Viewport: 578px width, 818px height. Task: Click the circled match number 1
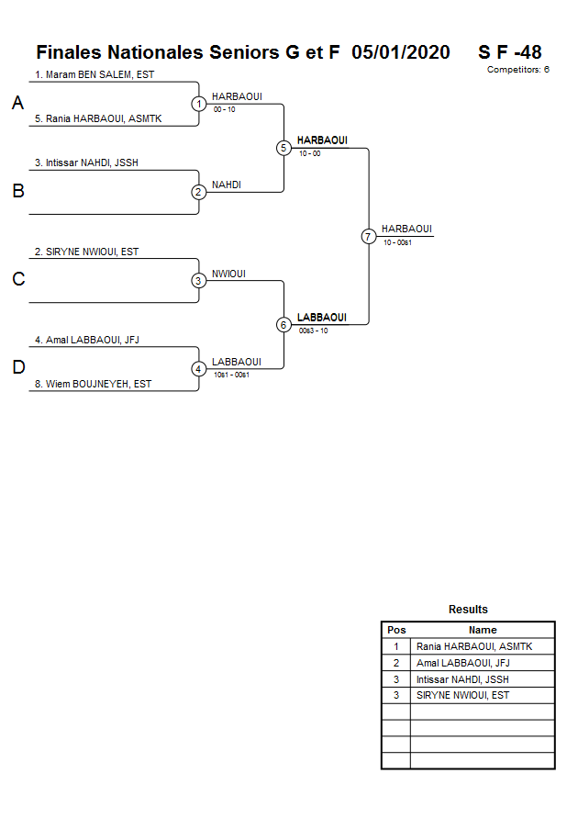199,104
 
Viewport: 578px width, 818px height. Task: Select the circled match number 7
368,236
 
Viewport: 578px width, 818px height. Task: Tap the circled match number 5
283,148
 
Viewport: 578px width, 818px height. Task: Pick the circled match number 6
283,324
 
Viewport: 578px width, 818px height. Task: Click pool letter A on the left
17,104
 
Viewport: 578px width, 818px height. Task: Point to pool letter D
17,368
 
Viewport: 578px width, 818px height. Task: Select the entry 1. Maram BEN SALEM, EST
94,74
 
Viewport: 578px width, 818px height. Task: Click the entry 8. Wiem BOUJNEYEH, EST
94,384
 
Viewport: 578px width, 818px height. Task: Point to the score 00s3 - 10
313,331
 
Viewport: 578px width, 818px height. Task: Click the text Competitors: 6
518,70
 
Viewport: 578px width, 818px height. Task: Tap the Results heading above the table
468,610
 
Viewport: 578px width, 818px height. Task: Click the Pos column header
396,630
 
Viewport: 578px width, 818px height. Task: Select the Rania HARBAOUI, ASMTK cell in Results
473,646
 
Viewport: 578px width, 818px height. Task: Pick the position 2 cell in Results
396,663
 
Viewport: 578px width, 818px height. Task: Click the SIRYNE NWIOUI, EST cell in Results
462,695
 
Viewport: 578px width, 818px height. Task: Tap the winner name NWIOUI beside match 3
228,274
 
